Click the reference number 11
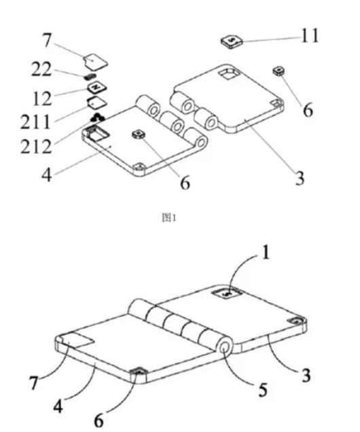310,35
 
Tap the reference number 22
41,69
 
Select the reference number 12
42,98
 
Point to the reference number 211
35,122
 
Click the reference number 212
36,146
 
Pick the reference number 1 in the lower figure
265,253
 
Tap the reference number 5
262,390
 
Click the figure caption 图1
168,218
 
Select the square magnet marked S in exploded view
232,41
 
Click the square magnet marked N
97,88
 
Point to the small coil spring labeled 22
90,76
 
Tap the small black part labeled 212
97,118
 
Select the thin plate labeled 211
96,103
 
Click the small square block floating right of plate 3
278,71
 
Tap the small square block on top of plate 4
139,134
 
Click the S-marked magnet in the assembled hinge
228,295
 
